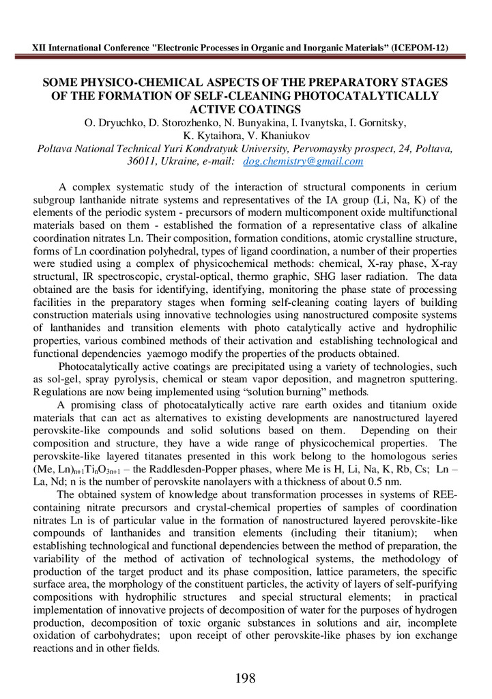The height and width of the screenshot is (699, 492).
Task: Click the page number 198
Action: [245, 679]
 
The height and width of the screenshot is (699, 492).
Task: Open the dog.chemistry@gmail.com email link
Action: [293, 162]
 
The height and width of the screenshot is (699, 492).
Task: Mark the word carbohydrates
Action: [125, 637]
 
